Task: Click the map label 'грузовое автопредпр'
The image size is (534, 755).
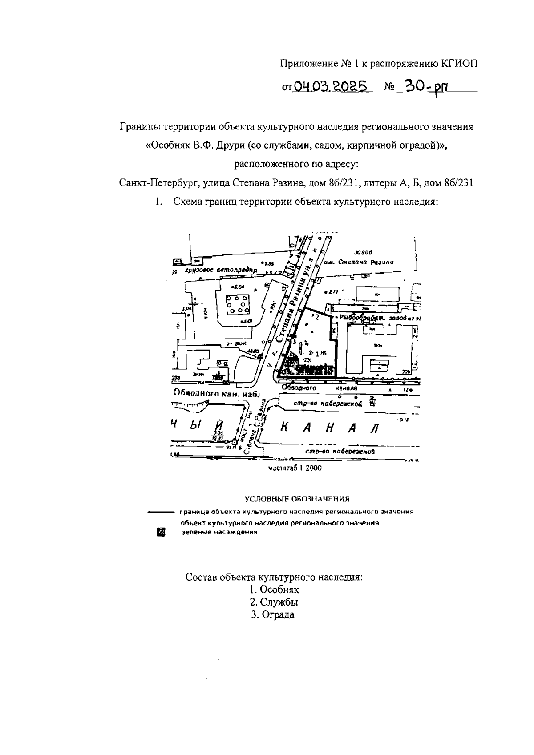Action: (x=220, y=270)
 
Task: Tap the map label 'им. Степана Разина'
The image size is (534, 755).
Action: (x=365, y=262)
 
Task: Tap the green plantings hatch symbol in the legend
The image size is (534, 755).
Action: (x=161, y=532)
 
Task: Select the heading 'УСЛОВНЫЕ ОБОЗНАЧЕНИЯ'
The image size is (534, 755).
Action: (x=297, y=499)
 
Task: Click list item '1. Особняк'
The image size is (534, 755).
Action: (x=274, y=589)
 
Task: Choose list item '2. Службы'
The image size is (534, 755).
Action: (x=274, y=602)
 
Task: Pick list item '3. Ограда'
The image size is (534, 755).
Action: (x=273, y=615)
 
